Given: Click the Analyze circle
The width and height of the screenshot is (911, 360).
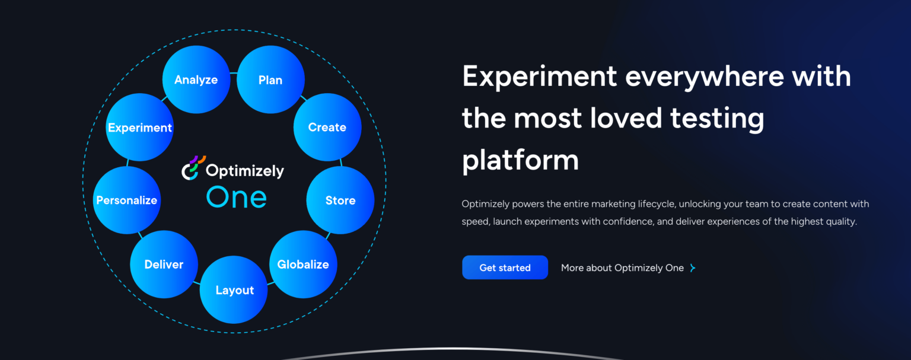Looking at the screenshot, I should coord(196,79).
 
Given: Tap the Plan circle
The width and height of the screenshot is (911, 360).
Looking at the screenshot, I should coord(270,80).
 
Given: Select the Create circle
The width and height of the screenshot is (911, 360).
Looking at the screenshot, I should coord(327,127).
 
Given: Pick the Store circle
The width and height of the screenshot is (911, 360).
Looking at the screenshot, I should coord(340,200).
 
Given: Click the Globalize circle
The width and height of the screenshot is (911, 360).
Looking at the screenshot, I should coord(303,264).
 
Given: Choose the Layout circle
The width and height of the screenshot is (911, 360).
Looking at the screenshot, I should coord(234,290).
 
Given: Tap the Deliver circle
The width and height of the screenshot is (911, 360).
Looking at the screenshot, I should coord(164,265).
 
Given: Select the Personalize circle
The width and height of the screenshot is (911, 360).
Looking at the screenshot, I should coord(127,200).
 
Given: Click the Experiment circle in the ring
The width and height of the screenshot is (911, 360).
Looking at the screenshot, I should coord(140,128).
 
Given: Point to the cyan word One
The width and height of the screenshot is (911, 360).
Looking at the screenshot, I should coord(236,197).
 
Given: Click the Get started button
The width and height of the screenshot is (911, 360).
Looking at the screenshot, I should coord(505,267).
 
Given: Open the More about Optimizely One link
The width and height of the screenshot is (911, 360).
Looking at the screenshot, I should coord(622,268).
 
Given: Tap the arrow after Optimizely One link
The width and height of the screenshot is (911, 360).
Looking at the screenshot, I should coord(692,268).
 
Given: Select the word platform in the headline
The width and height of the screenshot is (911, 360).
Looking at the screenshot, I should coord(520,160).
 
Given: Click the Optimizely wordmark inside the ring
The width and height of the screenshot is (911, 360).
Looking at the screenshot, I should coord(244,171).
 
